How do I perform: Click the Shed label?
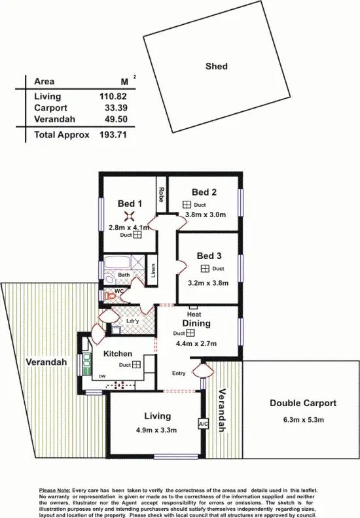tap(216, 66)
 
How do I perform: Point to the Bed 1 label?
tap(128, 204)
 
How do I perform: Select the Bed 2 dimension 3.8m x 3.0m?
tap(205, 215)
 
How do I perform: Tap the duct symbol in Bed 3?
tap(205, 269)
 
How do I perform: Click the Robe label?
tap(160, 195)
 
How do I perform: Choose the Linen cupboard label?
tap(153, 270)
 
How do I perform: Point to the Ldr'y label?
tap(131, 320)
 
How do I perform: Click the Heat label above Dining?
tap(194, 314)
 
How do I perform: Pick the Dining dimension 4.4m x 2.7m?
tap(196, 343)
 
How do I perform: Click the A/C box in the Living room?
tap(202, 424)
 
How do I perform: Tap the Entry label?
tap(179, 373)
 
